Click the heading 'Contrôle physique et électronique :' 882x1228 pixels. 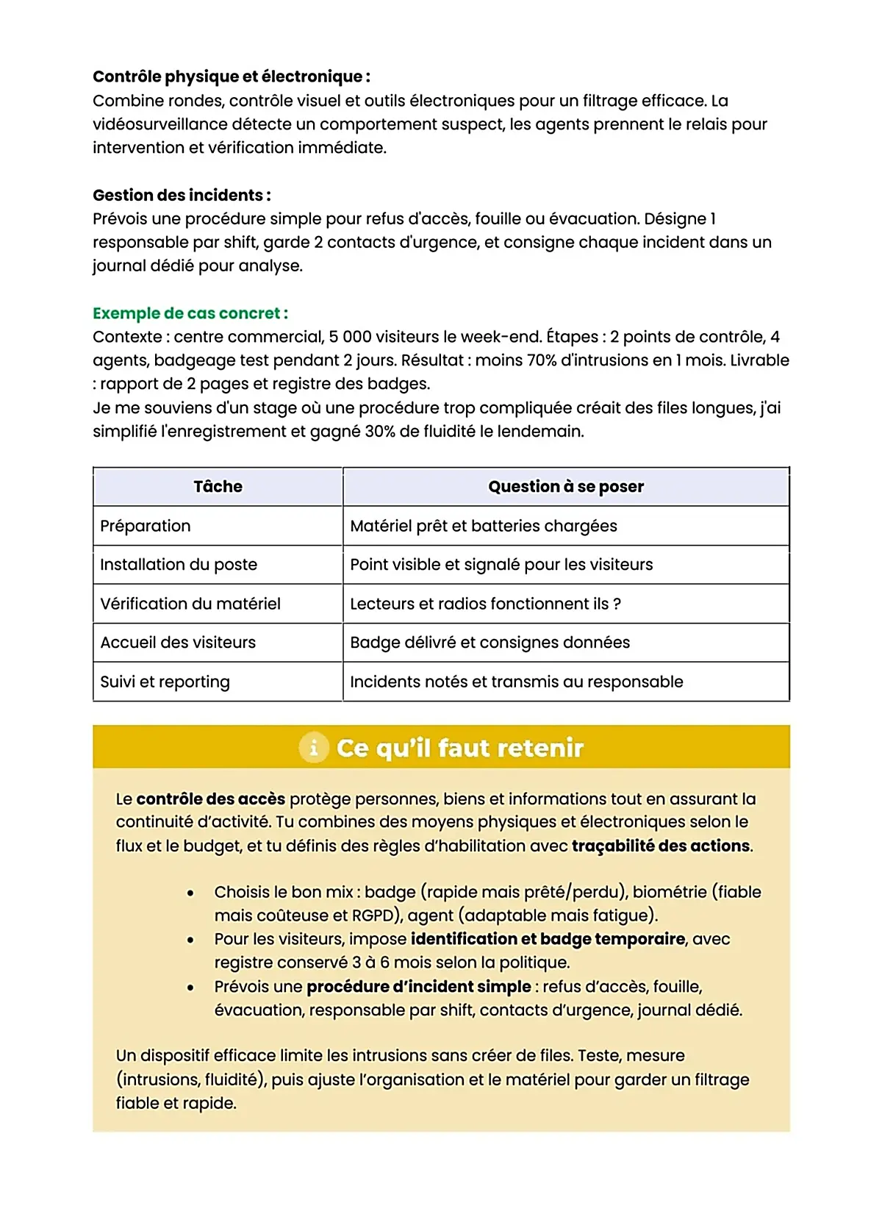[x=231, y=76]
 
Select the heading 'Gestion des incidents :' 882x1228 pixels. [x=182, y=195]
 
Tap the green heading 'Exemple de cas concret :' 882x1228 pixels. [x=190, y=313]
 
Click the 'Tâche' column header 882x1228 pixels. [x=218, y=487]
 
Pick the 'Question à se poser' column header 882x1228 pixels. [x=565, y=487]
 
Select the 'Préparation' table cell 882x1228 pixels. [x=146, y=526]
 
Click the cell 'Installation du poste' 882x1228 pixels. [x=179, y=565]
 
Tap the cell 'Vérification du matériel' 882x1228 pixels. [x=190, y=604]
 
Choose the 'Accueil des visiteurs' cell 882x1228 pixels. [x=178, y=643]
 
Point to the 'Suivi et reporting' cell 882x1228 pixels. [x=165, y=682]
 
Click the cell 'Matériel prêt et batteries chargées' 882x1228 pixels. [x=483, y=526]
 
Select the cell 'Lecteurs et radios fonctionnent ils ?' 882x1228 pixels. [x=485, y=604]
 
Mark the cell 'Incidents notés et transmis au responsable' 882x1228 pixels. [x=516, y=682]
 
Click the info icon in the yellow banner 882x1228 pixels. [x=314, y=748]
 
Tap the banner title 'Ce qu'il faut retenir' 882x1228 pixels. [x=459, y=748]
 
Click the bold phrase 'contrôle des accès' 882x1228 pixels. [x=210, y=799]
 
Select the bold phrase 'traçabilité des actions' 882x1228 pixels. [x=661, y=846]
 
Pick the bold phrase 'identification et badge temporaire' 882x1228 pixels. [x=547, y=939]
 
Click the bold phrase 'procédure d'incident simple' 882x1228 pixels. [x=418, y=987]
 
